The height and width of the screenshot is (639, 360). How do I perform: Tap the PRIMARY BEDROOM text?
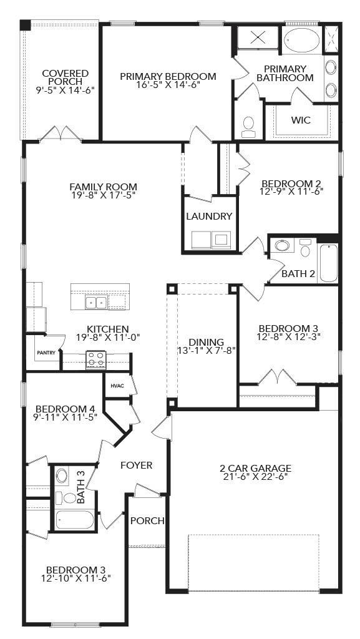pos(168,76)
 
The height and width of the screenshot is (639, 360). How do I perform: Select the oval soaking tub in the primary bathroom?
pos(301,40)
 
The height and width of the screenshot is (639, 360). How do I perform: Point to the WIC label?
pos(301,120)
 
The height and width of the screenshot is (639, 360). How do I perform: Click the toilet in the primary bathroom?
pos(248,126)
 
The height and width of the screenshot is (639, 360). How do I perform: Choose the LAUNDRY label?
pos(209,217)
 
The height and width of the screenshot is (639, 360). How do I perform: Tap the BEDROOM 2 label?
pos(291,183)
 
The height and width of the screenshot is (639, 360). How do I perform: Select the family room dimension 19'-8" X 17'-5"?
pos(103,195)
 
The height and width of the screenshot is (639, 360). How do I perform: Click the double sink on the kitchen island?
pos(97,303)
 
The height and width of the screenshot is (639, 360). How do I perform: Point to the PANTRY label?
pos(46,353)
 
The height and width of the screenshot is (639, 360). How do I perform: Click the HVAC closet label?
pos(117,386)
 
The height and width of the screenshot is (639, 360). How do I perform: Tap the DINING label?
pos(206,342)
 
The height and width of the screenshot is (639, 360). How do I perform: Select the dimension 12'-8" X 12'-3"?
pos(289,337)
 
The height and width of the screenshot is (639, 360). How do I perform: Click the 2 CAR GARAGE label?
pos(255,468)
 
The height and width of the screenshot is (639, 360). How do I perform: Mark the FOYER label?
pos(136,465)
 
